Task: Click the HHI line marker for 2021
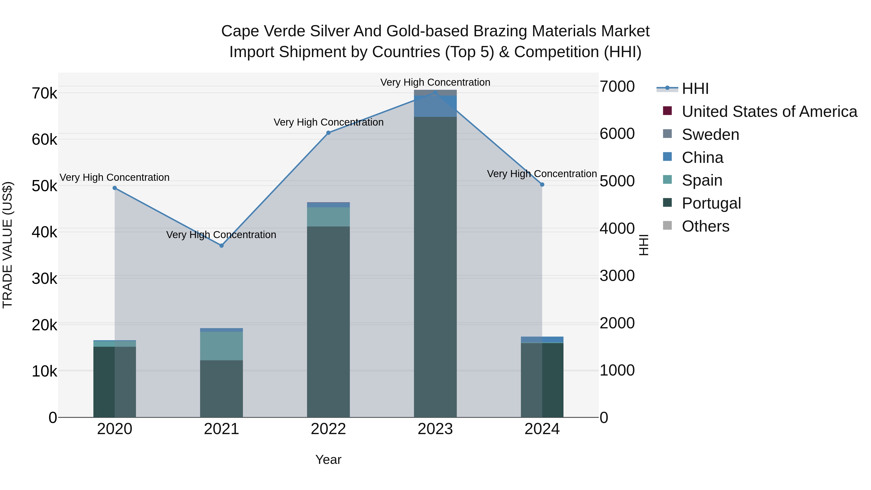(x=221, y=246)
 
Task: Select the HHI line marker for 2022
(x=328, y=133)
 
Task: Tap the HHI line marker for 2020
(x=115, y=188)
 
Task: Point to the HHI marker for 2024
(x=542, y=185)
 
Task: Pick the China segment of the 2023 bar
(x=435, y=106)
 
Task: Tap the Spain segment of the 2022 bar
(x=328, y=217)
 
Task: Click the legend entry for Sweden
(x=710, y=135)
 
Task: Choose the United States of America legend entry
(x=769, y=112)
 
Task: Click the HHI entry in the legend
(x=695, y=89)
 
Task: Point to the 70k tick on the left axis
(x=44, y=93)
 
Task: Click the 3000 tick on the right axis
(x=617, y=276)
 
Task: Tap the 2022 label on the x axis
(x=328, y=429)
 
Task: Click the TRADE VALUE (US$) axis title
(x=8, y=245)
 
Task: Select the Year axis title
(x=328, y=460)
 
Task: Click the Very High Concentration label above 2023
(x=435, y=82)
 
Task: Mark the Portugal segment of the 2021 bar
(x=221, y=389)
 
